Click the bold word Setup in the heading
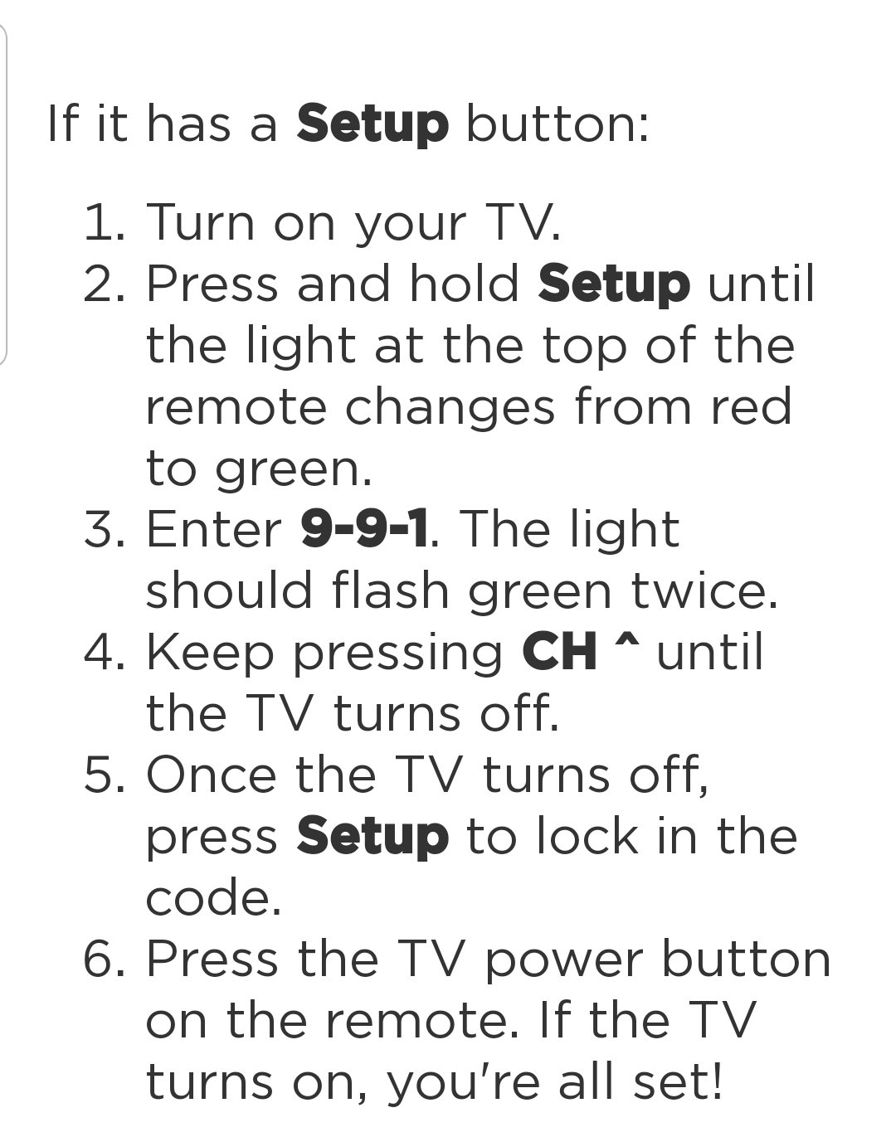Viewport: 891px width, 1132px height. pos(372,125)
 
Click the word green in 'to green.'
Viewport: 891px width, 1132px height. pos(294,470)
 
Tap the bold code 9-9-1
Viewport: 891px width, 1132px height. pos(364,529)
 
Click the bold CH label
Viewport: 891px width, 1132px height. pos(559,652)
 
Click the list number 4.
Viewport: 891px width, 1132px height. pos(105,653)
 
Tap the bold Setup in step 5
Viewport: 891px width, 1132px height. pos(372,837)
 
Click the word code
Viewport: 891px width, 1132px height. pos(213,897)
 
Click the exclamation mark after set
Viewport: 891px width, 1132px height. pos(716,1081)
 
